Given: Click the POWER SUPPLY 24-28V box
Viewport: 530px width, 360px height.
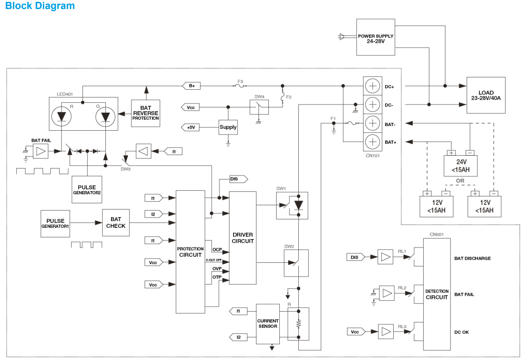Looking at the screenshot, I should (375, 38).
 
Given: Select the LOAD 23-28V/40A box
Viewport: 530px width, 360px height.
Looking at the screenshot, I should (486, 95).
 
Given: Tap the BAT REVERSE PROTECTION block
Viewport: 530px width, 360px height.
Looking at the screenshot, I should (146, 113).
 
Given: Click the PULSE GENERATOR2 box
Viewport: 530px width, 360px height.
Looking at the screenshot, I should (87, 190).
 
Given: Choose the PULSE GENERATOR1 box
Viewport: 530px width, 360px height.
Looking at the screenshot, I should (55, 224).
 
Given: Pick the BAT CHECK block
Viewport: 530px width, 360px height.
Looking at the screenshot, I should (116, 223).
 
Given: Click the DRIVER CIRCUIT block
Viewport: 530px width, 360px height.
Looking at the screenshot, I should (242, 238).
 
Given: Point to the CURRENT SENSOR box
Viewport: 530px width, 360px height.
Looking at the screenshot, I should (268, 324).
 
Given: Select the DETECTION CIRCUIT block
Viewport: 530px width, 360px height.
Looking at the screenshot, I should (437, 294).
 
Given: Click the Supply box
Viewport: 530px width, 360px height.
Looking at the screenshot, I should (228, 127).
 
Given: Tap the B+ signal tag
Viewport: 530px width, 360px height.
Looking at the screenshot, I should (191, 86).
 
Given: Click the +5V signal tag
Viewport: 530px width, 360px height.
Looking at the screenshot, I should (190, 127).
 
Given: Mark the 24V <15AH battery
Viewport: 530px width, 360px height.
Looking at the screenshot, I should (461, 166).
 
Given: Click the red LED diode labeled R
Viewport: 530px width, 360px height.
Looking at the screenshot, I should (62, 116).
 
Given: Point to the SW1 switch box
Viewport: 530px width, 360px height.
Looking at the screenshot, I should (292, 206).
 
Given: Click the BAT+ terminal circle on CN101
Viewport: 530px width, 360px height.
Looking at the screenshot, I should (372, 142).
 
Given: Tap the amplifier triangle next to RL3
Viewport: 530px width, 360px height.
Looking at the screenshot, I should (385, 331).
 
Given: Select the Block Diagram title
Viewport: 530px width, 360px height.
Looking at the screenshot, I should (40, 6).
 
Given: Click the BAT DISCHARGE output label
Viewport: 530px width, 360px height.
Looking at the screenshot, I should (472, 258).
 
